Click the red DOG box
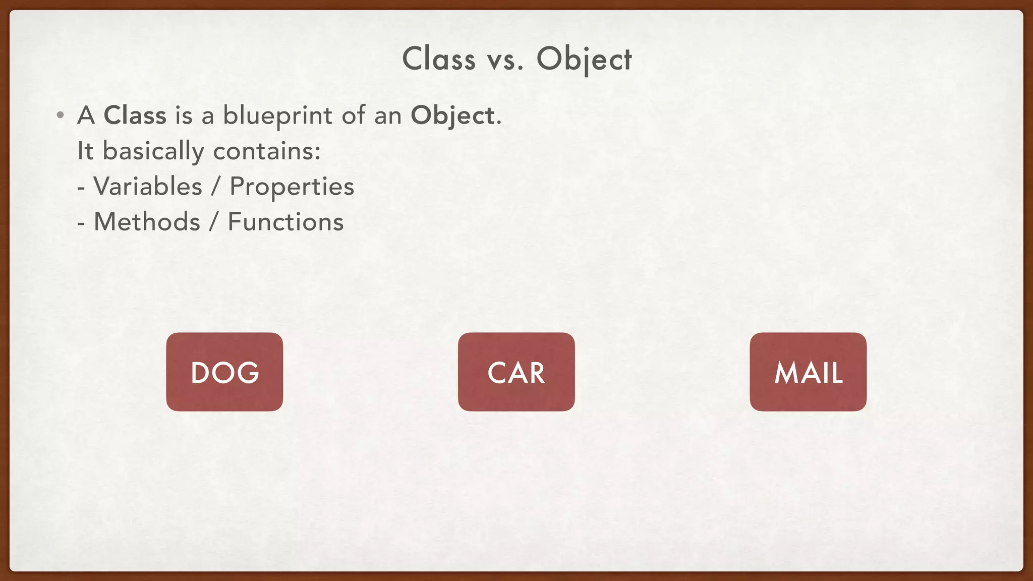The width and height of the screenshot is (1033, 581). point(224,372)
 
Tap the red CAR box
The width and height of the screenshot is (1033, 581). point(516,372)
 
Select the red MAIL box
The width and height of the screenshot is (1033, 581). point(808,372)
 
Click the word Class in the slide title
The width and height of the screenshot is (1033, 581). point(439,59)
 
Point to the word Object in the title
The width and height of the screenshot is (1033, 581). point(584,59)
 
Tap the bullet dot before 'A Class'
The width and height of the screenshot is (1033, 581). point(61,115)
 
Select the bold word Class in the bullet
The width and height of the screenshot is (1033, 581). point(135,115)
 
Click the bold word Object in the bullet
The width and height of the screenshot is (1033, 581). point(452,115)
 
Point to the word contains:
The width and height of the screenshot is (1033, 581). point(267,151)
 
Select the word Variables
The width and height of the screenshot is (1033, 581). point(148,186)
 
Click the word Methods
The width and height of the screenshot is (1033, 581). point(147,222)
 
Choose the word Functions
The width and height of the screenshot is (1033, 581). point(285,222)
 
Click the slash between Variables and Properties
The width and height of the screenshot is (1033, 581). point(216,186)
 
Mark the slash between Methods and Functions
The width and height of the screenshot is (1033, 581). point(214,222)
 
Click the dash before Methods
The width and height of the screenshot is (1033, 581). point(81,223)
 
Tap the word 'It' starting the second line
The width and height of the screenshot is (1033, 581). point(85,151)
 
